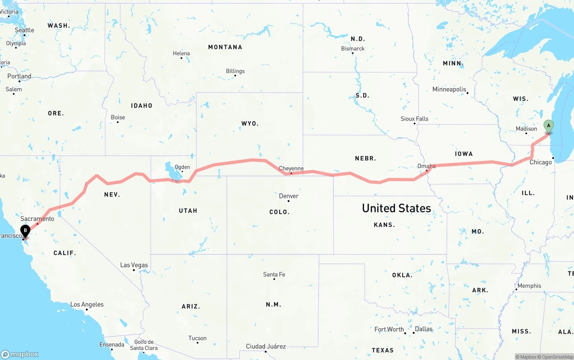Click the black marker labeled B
26,231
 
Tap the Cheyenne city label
291,169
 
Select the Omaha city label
426,166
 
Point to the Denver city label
288,196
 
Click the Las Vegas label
134,265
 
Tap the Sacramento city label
37,219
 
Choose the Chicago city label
540,162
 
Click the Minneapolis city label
449,89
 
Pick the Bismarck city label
353,48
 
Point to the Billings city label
235,71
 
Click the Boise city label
118,117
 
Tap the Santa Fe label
274,274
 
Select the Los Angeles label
87,304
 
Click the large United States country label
396,208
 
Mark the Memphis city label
529,286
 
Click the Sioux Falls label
414,119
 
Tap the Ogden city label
182,167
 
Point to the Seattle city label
24,30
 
